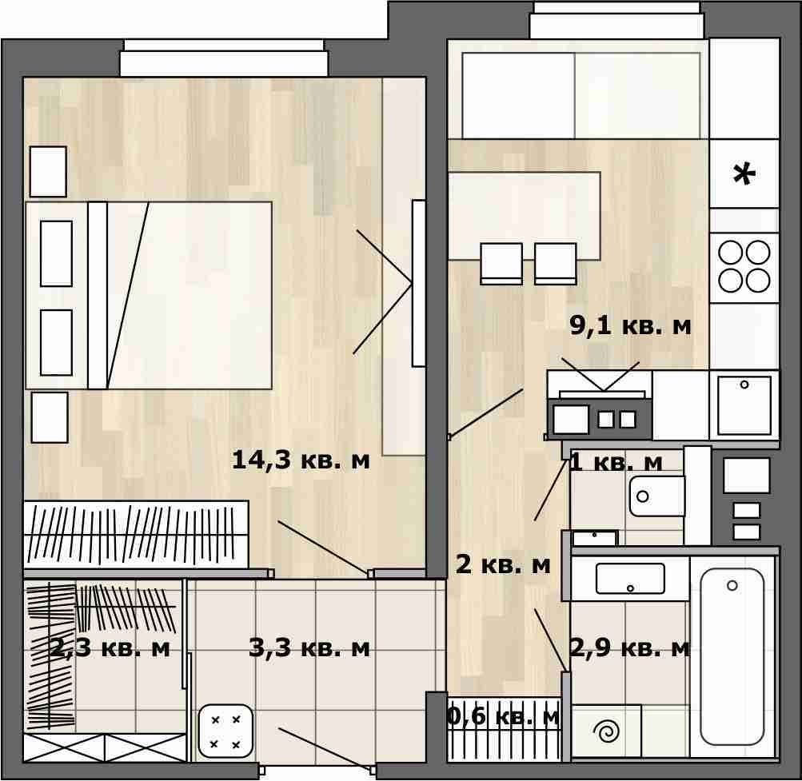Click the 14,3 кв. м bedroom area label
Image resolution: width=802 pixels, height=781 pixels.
300,460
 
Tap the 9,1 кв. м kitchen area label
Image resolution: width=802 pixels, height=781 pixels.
630,325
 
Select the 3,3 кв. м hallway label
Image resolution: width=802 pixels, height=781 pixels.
309,648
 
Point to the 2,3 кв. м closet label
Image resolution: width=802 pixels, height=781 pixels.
110,648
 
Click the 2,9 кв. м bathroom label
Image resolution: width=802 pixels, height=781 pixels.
630,648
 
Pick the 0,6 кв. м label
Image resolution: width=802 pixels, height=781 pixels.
503,716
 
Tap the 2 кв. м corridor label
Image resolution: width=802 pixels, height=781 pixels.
503,564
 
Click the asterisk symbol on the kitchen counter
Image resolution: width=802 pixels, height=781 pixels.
744,174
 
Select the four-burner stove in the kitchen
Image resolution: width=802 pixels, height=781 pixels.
744,266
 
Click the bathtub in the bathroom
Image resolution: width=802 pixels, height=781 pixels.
732,656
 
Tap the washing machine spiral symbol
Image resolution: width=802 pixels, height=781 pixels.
607,731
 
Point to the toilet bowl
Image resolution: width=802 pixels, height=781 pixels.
656,496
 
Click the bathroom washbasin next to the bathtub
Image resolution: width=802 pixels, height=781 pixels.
630,579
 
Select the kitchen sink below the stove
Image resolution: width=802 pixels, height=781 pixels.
744,405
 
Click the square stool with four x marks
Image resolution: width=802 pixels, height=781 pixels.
225,731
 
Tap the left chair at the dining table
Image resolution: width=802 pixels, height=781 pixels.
501,264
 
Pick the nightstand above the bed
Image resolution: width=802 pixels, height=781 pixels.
48,172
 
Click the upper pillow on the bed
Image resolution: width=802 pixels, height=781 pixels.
56,253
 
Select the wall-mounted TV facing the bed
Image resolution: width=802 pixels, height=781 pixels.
418,283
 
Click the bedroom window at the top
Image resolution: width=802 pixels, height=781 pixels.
224,58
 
